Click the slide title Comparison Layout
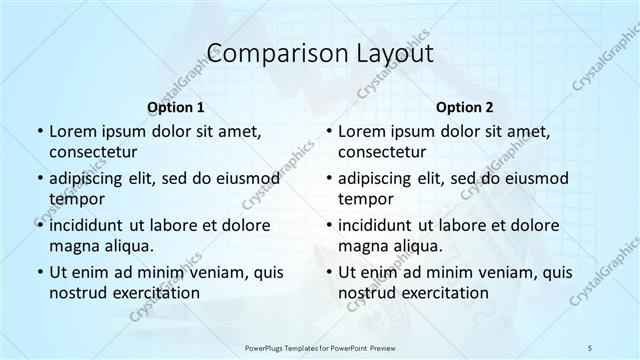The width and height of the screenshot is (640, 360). point(319,53)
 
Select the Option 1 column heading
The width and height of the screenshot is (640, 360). point(175,106)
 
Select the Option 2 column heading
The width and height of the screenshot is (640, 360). point(464,106)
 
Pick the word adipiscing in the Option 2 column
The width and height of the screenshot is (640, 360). point(375,178)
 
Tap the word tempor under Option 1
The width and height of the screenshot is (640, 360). point(75,199)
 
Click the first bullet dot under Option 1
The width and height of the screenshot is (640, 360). point(39,132)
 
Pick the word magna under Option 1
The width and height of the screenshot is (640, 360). point(73,246)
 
